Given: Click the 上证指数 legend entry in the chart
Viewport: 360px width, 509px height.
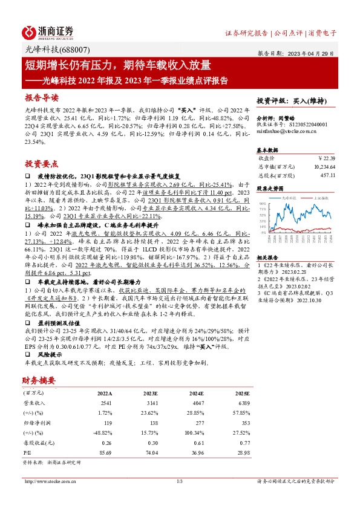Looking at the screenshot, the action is pos(315,197).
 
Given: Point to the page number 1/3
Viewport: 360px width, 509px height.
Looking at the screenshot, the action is pos(180,482).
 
